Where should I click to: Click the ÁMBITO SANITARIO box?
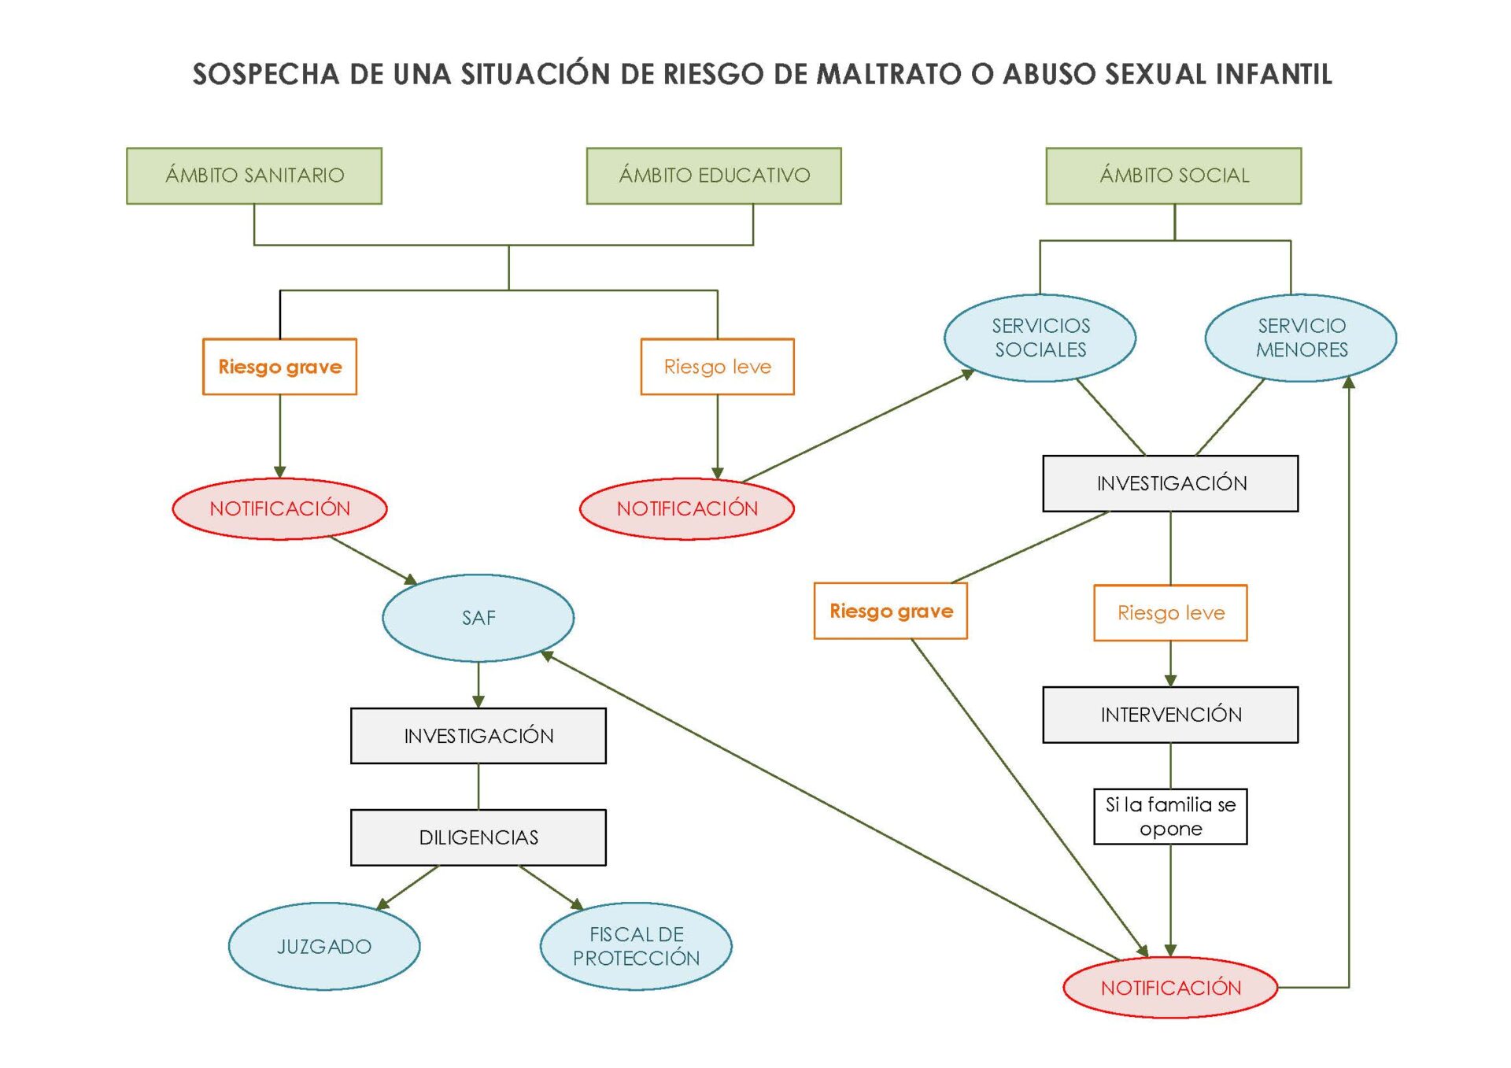[x=254, y=176]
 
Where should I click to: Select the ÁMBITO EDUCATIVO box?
[x=714, y=176]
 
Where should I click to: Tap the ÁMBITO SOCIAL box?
[x=1173, y=176]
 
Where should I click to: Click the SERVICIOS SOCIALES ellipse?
[x=1040, y=338]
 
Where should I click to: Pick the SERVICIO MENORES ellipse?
[x=1301, y=338]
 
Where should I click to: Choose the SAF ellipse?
[x=478, y=618]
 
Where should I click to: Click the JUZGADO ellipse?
[x=324, y=946]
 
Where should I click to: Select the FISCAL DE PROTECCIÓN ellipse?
[x=636, y=946]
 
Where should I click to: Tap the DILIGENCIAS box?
[x=478, y=837]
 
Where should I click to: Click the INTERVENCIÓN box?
[x=1170, y=715]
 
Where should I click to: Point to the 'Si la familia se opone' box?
[x=1170, y=817]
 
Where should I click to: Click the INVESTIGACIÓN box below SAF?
[x=478, y=736]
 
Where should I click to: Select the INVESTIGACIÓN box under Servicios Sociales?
[x=1170, y=483]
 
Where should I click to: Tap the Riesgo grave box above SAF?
[x=280, y=367]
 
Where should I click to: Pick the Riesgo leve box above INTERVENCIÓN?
[x=1170, y=613]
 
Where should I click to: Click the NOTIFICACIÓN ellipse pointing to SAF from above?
[x=280, y=508]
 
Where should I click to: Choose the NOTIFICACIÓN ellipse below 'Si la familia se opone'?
[x=1170, y=988]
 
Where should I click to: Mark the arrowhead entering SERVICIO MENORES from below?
[x=1349, y=382]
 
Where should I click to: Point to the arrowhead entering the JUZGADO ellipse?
[x=382, y=904]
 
